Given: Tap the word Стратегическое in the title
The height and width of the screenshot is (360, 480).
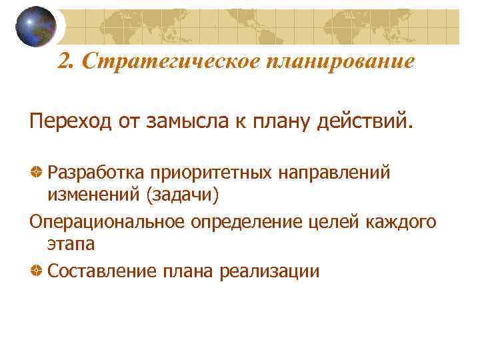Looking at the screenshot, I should (169, 61).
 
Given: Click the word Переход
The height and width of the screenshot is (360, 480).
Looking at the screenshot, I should (70, 123).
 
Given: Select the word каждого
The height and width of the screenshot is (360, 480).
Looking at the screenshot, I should (401, 221).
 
